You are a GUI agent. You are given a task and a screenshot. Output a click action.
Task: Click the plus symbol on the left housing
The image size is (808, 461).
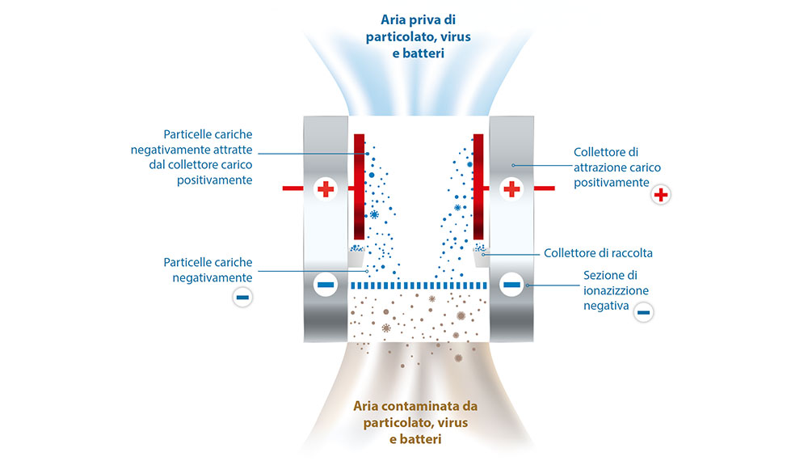click(325, 188)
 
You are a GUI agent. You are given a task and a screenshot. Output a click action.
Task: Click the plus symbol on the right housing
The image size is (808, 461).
click(511, 188)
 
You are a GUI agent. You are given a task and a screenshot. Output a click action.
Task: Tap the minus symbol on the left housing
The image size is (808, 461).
click(325, 285)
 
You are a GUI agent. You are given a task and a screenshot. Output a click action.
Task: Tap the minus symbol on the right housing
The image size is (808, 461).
click(511, 285)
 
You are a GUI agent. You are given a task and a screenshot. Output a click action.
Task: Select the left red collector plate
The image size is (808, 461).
click(360, 186)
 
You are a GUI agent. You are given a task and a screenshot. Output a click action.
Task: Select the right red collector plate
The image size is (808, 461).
click(478, 186)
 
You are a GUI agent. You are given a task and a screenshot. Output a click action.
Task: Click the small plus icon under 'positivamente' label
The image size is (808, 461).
click(661, 196)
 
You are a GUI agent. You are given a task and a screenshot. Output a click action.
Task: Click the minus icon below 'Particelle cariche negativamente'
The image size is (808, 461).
click(242, 297)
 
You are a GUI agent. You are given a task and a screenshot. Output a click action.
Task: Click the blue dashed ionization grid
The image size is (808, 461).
click(419, 285)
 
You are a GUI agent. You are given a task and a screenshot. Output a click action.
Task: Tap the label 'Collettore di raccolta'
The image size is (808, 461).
click(598, 253)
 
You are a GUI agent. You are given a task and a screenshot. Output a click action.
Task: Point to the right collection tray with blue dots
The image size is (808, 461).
click(480, 252)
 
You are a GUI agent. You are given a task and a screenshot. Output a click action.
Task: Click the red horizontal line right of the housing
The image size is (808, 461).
click(543, 188)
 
